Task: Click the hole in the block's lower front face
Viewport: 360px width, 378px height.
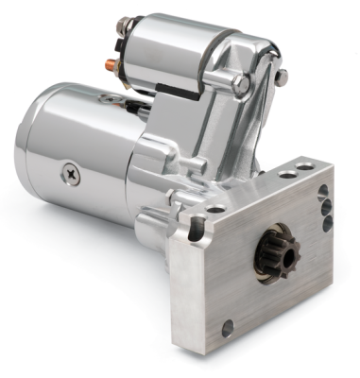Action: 228,329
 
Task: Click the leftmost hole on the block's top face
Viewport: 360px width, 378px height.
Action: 216,208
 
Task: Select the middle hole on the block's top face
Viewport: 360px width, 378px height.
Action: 285,175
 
